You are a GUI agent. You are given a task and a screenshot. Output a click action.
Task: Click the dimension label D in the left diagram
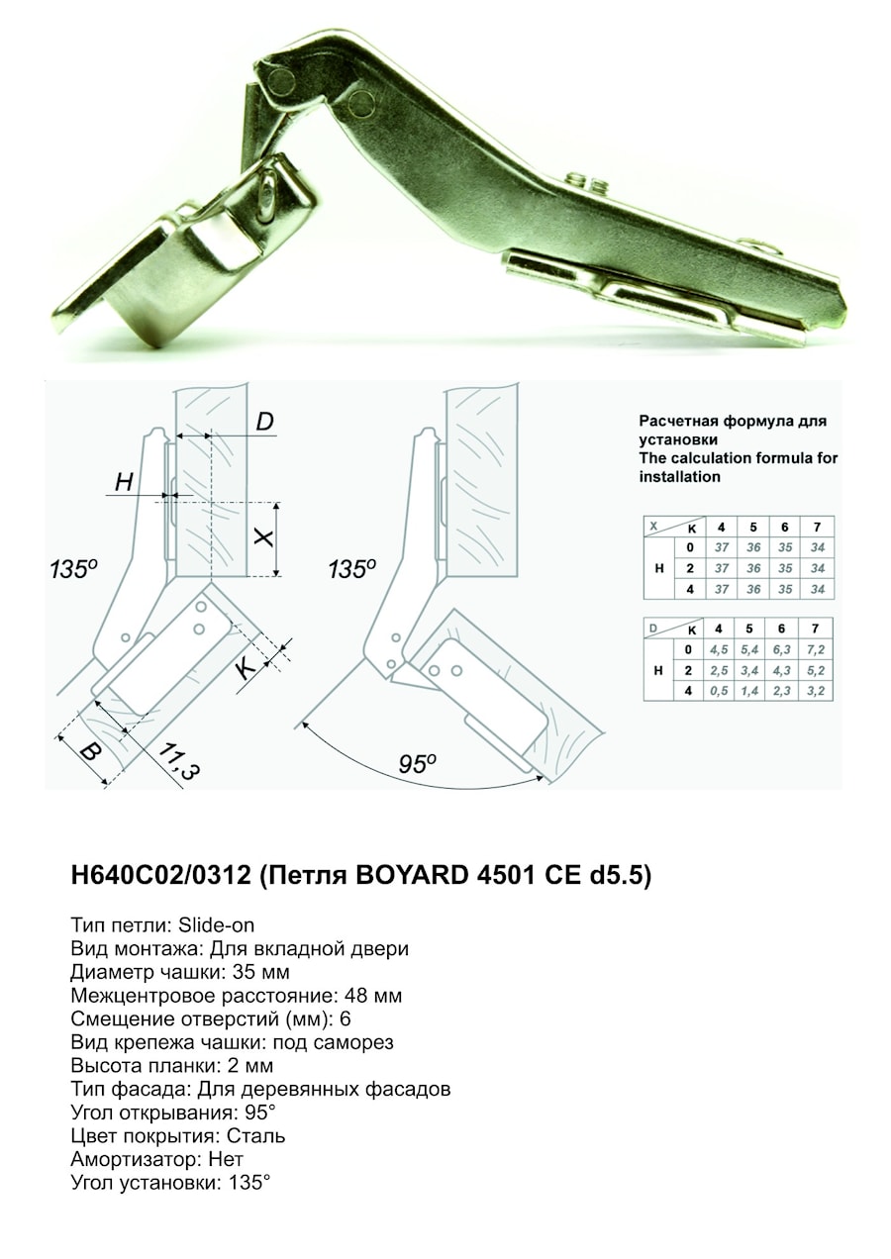point(264,423)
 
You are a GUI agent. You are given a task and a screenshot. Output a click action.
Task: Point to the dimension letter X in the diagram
point(262,537)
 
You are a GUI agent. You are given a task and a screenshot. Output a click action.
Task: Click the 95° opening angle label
point(417,764)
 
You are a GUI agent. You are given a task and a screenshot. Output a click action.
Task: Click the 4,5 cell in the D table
point(721,649)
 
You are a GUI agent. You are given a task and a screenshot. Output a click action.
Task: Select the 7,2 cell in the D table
point(816,649)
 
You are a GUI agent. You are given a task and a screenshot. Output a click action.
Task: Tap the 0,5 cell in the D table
point(721,691)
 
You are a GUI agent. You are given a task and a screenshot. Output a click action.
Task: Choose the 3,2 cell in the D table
point(816,691)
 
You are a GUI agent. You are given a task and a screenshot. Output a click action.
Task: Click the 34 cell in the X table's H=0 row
point(817,547)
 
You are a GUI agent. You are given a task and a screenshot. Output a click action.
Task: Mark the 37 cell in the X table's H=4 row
point(721,589)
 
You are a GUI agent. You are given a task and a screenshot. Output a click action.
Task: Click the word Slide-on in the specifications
point(217,925)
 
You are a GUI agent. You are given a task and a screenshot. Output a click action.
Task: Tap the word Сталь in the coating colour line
point(256,1135)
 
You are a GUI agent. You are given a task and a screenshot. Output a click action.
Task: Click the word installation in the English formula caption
point(679,476)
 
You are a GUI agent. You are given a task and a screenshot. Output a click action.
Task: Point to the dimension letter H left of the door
point(124,482)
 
